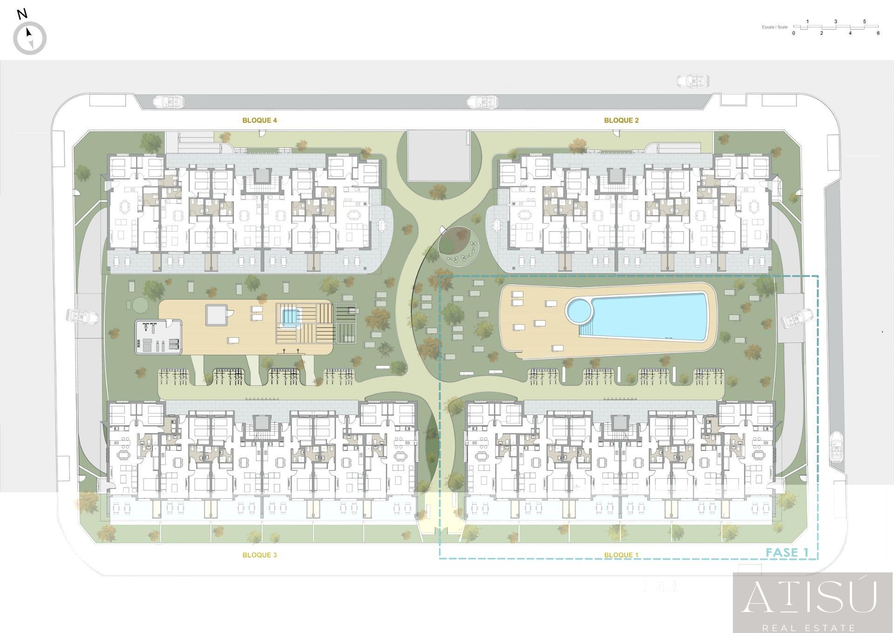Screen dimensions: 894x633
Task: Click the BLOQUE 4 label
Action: [x=259, y=120]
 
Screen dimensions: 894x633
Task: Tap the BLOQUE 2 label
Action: [x=621, y=120]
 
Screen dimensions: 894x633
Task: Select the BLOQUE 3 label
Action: [x=259, y=555]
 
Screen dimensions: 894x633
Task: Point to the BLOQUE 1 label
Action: [x=621, y=555]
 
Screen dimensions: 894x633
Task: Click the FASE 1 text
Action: [x=787, y=552]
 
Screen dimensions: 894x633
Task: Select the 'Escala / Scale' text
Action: [x=775, y=27]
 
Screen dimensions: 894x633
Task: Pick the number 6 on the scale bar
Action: [x=878, y=33]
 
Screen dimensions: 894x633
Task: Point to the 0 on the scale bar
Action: [x=793, y=33]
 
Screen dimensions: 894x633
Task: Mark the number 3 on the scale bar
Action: [x=836, y=21]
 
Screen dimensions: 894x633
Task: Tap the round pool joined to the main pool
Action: [x=578, y=311]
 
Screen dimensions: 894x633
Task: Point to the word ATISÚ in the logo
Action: [x=809, y=597]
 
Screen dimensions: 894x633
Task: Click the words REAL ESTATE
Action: [x=809, y=628]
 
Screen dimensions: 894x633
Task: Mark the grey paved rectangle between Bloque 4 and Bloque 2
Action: [x=439, y=156]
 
